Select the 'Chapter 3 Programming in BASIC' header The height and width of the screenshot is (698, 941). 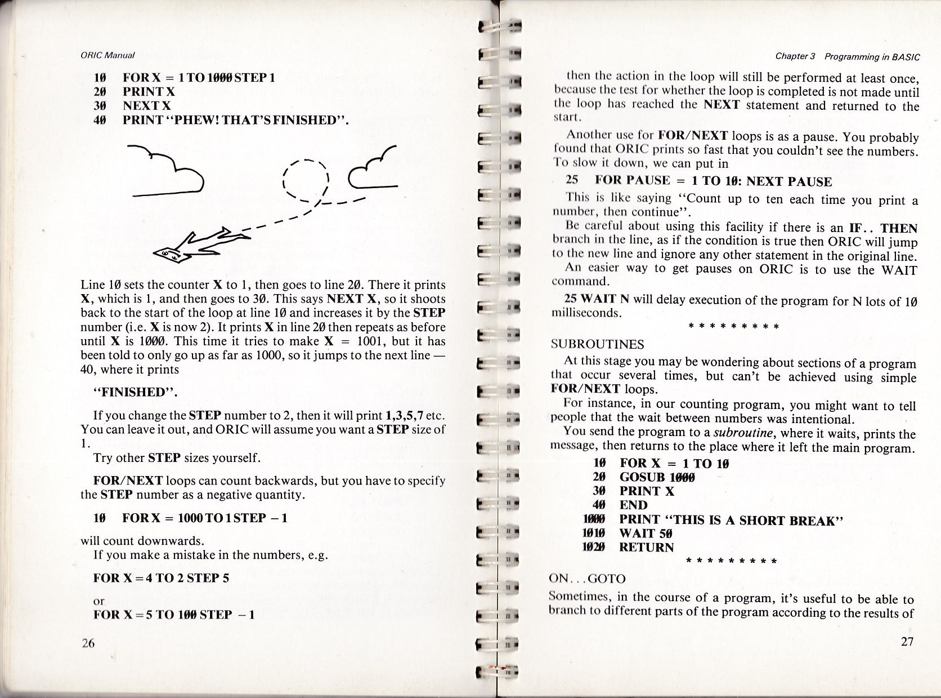coord(847,56)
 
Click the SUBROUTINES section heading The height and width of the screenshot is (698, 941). coord(597,344)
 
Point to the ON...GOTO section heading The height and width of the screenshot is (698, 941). coord(587,578)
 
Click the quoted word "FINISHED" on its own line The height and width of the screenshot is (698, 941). coord(136,393)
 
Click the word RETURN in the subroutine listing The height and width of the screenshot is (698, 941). coord(646,547)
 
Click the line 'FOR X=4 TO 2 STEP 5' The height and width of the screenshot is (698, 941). coord(161,578)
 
